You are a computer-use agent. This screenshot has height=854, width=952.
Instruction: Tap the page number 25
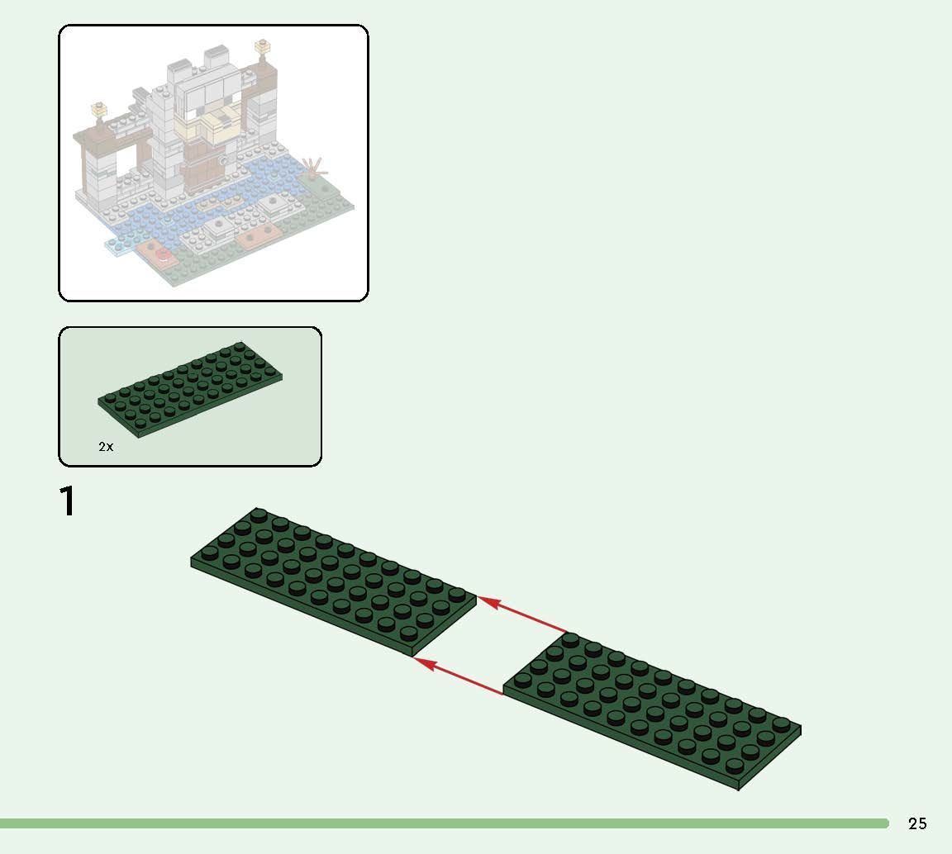[917, 823]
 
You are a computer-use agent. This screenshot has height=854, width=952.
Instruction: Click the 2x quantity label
[106, 447]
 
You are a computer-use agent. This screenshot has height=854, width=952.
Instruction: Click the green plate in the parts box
[190, 387]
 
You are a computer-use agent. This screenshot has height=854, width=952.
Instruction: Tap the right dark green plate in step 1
[653, 710]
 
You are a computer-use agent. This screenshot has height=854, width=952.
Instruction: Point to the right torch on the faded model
[265, 47]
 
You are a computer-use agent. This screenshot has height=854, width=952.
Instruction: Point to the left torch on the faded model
[100, 109]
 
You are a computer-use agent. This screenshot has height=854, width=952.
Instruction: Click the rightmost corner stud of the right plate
[781, 724]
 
